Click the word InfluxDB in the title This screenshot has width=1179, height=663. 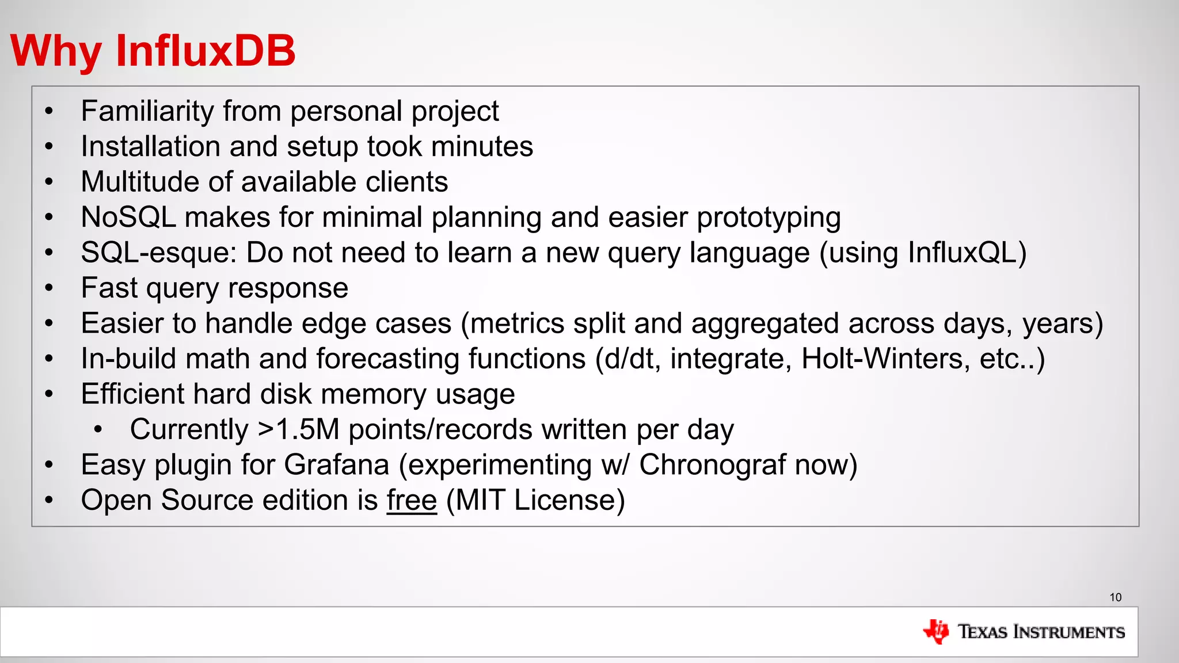pos(206,51)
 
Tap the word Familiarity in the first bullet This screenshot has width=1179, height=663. pos(147,111)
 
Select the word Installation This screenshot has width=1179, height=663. pos(151,146)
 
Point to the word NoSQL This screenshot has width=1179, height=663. pos(128,218)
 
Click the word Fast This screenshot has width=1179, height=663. pos(109,288)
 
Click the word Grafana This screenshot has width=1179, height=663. pos(336,465)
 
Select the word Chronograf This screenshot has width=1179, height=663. pos(712,465)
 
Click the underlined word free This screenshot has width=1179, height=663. pos(412,500)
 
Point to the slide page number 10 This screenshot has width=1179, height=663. pos(1116,597)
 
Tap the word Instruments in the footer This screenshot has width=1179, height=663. pos(1069,632)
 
